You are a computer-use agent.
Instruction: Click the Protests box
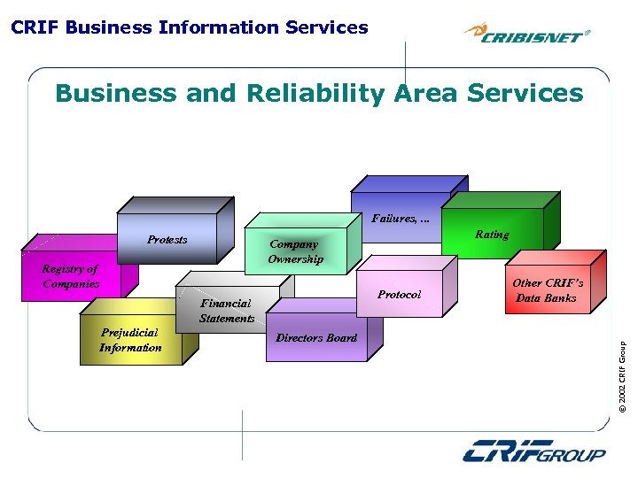point(167,240)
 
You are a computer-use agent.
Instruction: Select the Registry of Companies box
point(71,276)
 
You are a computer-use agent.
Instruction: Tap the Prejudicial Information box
point(130,340)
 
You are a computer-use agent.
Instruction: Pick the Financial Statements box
point(227,310)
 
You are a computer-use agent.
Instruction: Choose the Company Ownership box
point(296,251)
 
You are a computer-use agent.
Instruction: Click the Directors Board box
point(316,338)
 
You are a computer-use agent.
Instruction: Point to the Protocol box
point(399,294)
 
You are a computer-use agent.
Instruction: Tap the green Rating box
point(492,235)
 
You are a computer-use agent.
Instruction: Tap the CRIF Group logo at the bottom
point(534,451)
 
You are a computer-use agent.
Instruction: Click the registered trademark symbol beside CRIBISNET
point(588,32)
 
